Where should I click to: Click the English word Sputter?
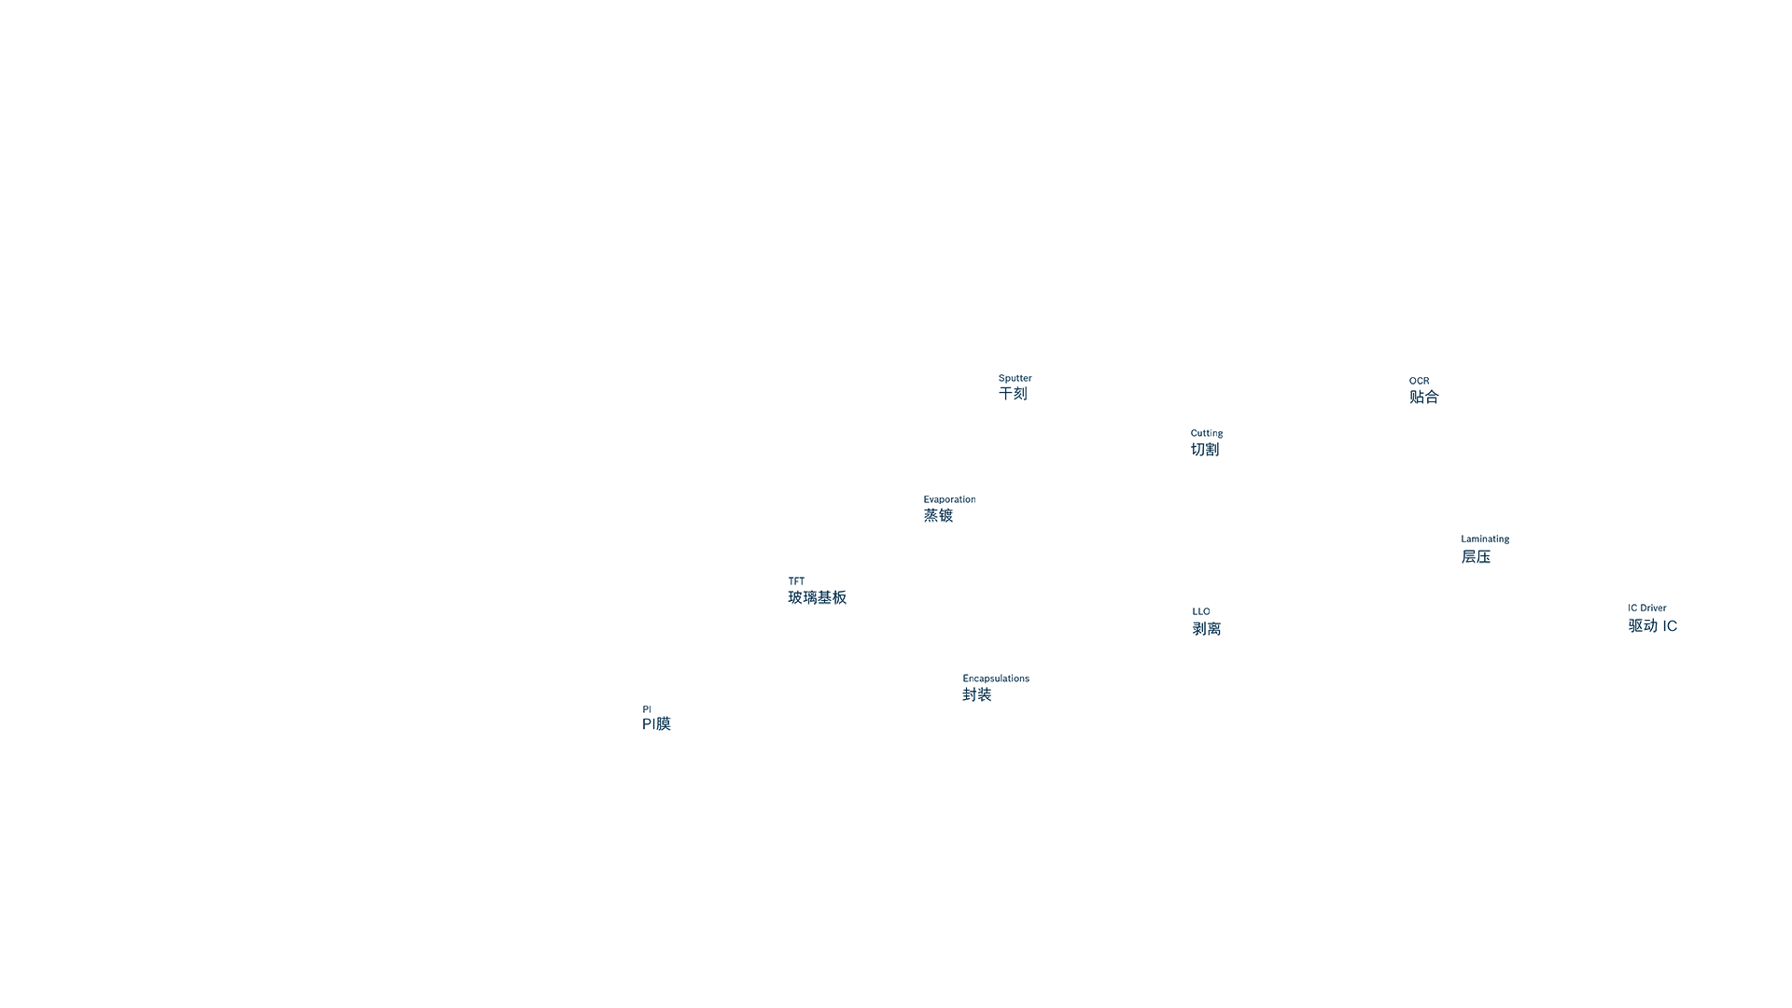click(1015, 378)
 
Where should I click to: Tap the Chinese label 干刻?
click(1013, 394)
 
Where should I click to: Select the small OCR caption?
click(1419, 381)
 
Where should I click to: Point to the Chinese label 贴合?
click(1424, 397)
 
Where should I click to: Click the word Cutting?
click(1207, 433)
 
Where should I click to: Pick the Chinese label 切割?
click(1205, 450)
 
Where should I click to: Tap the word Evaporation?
click(949, 499)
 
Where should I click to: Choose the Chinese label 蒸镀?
click(938, 515)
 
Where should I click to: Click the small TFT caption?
click(796, 581)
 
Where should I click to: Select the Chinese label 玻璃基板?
click(818, 597)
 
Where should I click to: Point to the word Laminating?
click(1485, 539)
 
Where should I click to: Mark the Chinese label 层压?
click(1476, 556)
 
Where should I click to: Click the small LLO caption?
click(1201, 611)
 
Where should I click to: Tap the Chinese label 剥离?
click(1207, 629)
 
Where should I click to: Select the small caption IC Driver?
click(1647, 608)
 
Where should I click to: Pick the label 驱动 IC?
click(1653, 625)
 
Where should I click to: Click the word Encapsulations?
click(996, 679)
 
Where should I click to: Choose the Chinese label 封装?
click(977, 694)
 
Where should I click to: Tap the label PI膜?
click(656, 723)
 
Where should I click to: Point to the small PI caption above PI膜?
click(647, 709)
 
